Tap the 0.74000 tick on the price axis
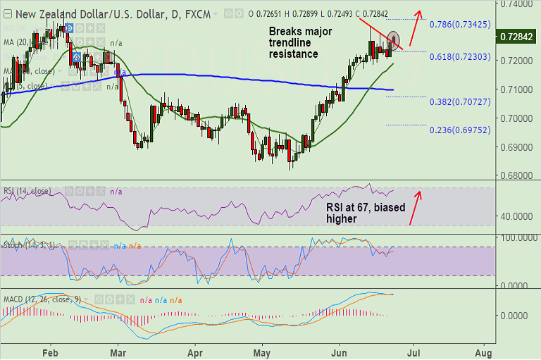pyautogui.click(x=517, y=4)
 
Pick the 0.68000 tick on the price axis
pyautogui.click(x=517, y=175)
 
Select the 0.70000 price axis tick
pyautogui.click(x=517, y=118)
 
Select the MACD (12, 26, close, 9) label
pyautogui.click(x=42, y=299)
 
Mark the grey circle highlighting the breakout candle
pyautogui.click(x=394, y=40)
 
